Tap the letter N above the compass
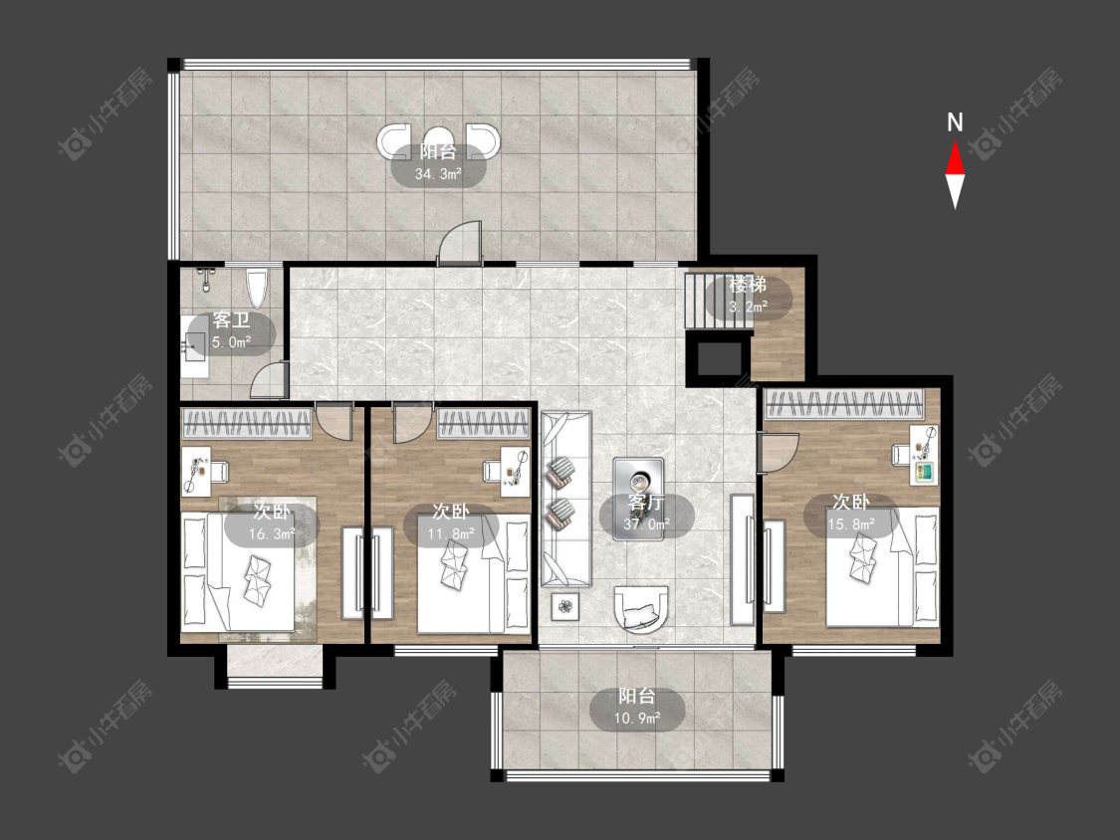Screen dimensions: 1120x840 point(955,122)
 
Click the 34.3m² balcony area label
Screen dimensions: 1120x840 point(438,173)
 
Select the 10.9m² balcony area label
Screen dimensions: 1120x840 point(637,718)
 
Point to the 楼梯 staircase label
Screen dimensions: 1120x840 point(748,286)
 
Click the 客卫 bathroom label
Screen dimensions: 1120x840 point(231,320)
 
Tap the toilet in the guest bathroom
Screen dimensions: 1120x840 point(257,288)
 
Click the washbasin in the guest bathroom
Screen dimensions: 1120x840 point(193,345)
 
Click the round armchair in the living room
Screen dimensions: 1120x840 point(642,609)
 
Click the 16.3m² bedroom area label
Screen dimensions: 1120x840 point(272,533)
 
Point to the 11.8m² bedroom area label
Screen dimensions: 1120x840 point(451,533)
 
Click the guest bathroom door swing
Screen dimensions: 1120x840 point(269,379)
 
